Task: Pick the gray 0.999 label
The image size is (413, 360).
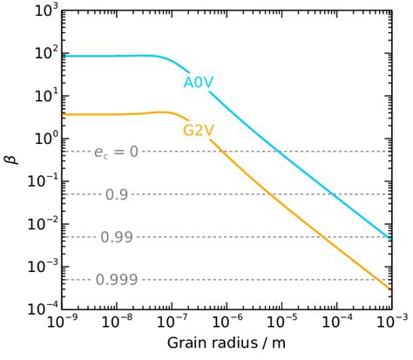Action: click(115, 279)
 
